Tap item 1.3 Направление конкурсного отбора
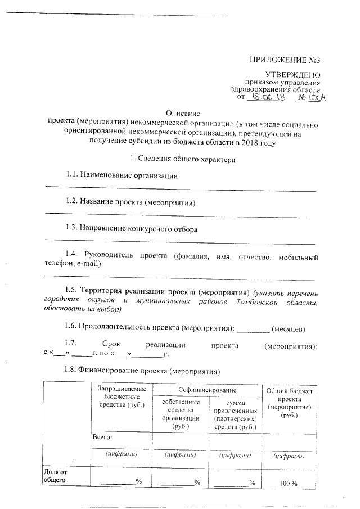click(x=131, y=229)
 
